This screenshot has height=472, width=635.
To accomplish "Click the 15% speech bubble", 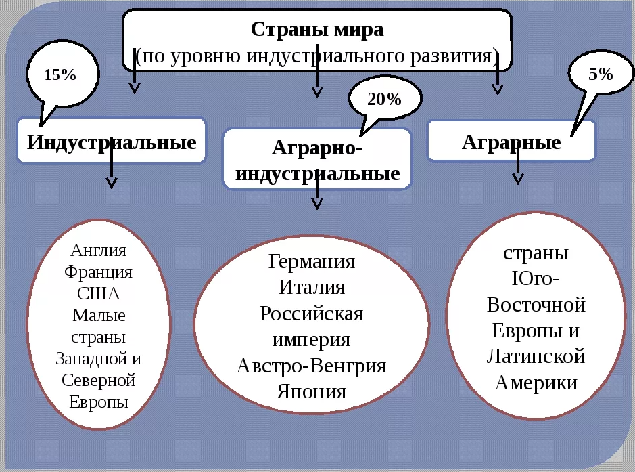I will (62, 74).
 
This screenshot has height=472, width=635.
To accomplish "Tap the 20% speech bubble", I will (385, 100).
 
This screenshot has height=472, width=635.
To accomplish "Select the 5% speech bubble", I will (600, 74).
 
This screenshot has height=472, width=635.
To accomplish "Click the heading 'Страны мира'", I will (316, 30).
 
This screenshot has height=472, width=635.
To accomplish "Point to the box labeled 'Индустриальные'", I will (112, 142).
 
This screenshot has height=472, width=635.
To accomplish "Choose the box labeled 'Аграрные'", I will (511, 142).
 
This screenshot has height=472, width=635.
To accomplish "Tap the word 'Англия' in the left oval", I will (99, 251).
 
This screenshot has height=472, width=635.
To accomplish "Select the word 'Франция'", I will (99, 272).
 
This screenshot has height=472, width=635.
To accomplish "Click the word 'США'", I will (99, 294).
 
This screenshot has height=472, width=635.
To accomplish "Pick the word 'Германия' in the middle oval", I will (312, 262).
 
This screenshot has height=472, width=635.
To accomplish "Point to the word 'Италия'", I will (312, 287).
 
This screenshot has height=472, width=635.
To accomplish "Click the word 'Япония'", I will (312, 391).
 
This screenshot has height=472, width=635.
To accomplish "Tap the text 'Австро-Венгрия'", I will (312, 366).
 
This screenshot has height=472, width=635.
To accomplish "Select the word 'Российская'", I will (312, 314).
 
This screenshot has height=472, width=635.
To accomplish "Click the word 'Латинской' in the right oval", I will (536, 356).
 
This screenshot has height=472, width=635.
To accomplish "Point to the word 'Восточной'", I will (536, 305).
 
